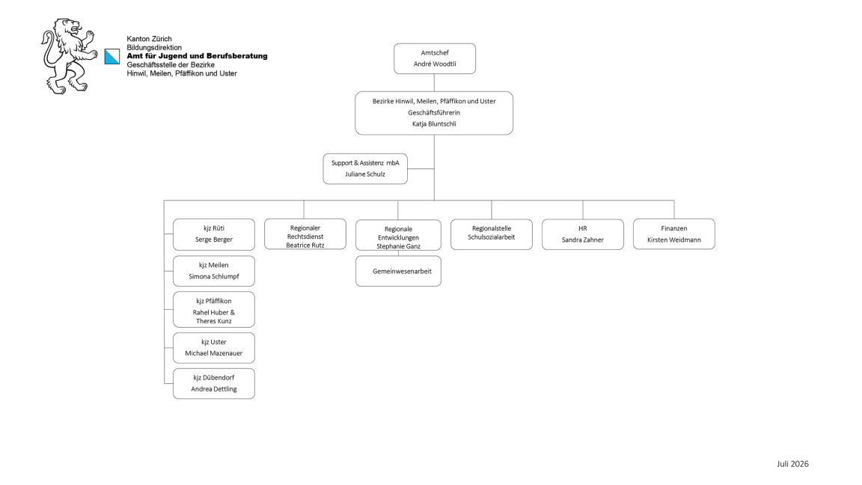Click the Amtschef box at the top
[434, 58]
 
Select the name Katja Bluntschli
[434, 123]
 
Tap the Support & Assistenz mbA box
[365, 169]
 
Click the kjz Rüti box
[214, 234]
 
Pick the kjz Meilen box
[214, 271]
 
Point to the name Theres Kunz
[214, 321]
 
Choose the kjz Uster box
[214, 347]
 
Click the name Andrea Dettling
[214, 388]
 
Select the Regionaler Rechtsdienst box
[305, 234]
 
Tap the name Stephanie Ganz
[398, 246]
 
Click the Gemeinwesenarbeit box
[398, 271]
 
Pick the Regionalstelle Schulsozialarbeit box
[492, 234]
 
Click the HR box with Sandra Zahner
[583, 234]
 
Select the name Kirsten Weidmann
[674, 240]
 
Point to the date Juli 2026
[792, 464]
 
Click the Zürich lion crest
[69, 56]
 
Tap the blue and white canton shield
[112, 57]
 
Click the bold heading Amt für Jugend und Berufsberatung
[197, 56]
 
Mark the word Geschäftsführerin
[434, 113]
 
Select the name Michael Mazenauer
[214, 353]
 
